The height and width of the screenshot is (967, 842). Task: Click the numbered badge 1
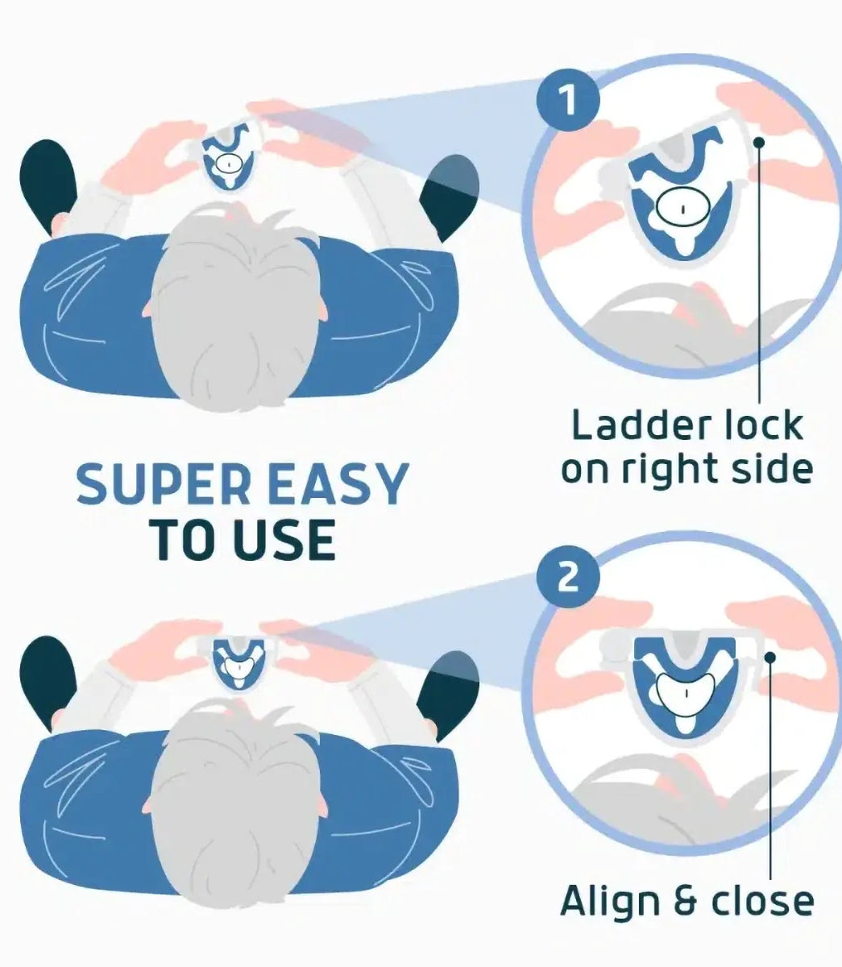(568, 100)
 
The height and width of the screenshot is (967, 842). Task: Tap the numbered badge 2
(568, 577)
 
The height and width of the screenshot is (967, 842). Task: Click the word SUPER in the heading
(164, 483)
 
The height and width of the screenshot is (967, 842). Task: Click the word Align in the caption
(609, 900)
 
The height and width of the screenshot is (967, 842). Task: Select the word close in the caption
(762, 901)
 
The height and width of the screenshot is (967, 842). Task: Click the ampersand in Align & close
(684, 901)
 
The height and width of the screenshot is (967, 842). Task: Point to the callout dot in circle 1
(759, 143)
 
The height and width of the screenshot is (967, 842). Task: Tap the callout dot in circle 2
(770, 657)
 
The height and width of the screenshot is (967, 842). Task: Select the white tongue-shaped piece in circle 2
(685, 693)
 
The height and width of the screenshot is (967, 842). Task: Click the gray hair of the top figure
(236, 307)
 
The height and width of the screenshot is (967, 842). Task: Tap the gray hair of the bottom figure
(235, 803)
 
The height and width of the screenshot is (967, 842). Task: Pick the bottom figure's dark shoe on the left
(48, 682)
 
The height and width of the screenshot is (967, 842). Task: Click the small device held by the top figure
(229, 156)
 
